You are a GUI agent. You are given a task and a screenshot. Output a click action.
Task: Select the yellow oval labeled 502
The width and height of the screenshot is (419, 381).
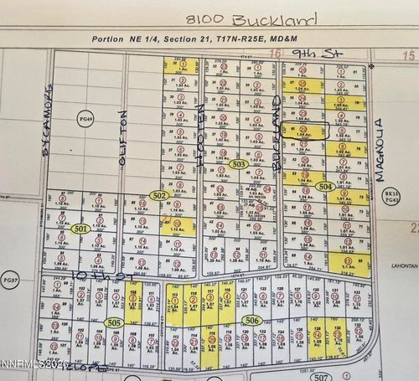tap(158, 194)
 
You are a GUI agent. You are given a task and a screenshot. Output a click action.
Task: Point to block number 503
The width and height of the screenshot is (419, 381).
tap(239, 165)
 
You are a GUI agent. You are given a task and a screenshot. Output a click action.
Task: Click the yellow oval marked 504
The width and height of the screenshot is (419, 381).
tap(326, 187)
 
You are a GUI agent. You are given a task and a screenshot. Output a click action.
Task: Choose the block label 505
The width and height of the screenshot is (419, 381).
tap(115, 322)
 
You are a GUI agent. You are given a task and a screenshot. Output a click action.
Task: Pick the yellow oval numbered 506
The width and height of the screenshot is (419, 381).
tap(251, 320)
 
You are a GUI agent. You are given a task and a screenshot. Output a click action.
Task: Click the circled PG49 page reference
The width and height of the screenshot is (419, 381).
tap(85, 120)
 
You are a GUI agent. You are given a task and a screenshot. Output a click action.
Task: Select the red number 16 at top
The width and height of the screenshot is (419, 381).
tap(276, 53)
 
